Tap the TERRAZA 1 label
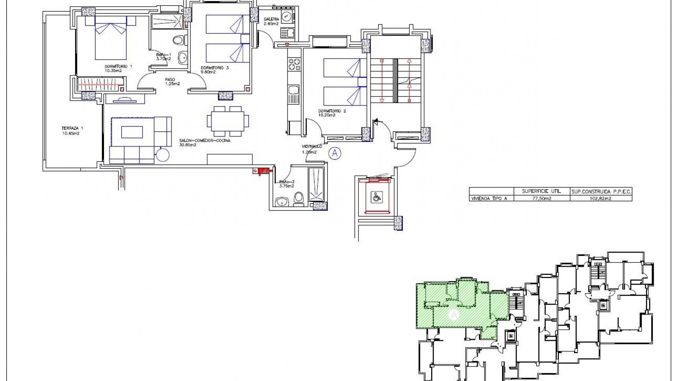(70, 131)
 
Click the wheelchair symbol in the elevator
(374, 196)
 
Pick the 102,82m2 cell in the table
(600, 199)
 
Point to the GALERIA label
(272, 21)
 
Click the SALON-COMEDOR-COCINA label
(205, 143)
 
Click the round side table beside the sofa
(163, 154)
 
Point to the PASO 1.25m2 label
(172, 81)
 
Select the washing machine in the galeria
(287, 17)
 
